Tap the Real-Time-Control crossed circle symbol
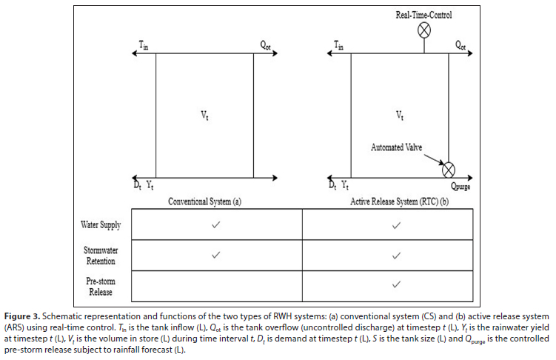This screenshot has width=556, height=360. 425,30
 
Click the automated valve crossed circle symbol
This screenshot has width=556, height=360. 449,170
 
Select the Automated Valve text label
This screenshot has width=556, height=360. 398,147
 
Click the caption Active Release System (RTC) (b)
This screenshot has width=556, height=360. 401,201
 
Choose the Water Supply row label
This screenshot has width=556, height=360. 101,224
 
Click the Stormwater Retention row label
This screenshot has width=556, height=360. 101,256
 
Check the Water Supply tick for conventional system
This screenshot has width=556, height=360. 216,224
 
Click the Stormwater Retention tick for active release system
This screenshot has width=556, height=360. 396,256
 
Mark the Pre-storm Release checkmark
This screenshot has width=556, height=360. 396,284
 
